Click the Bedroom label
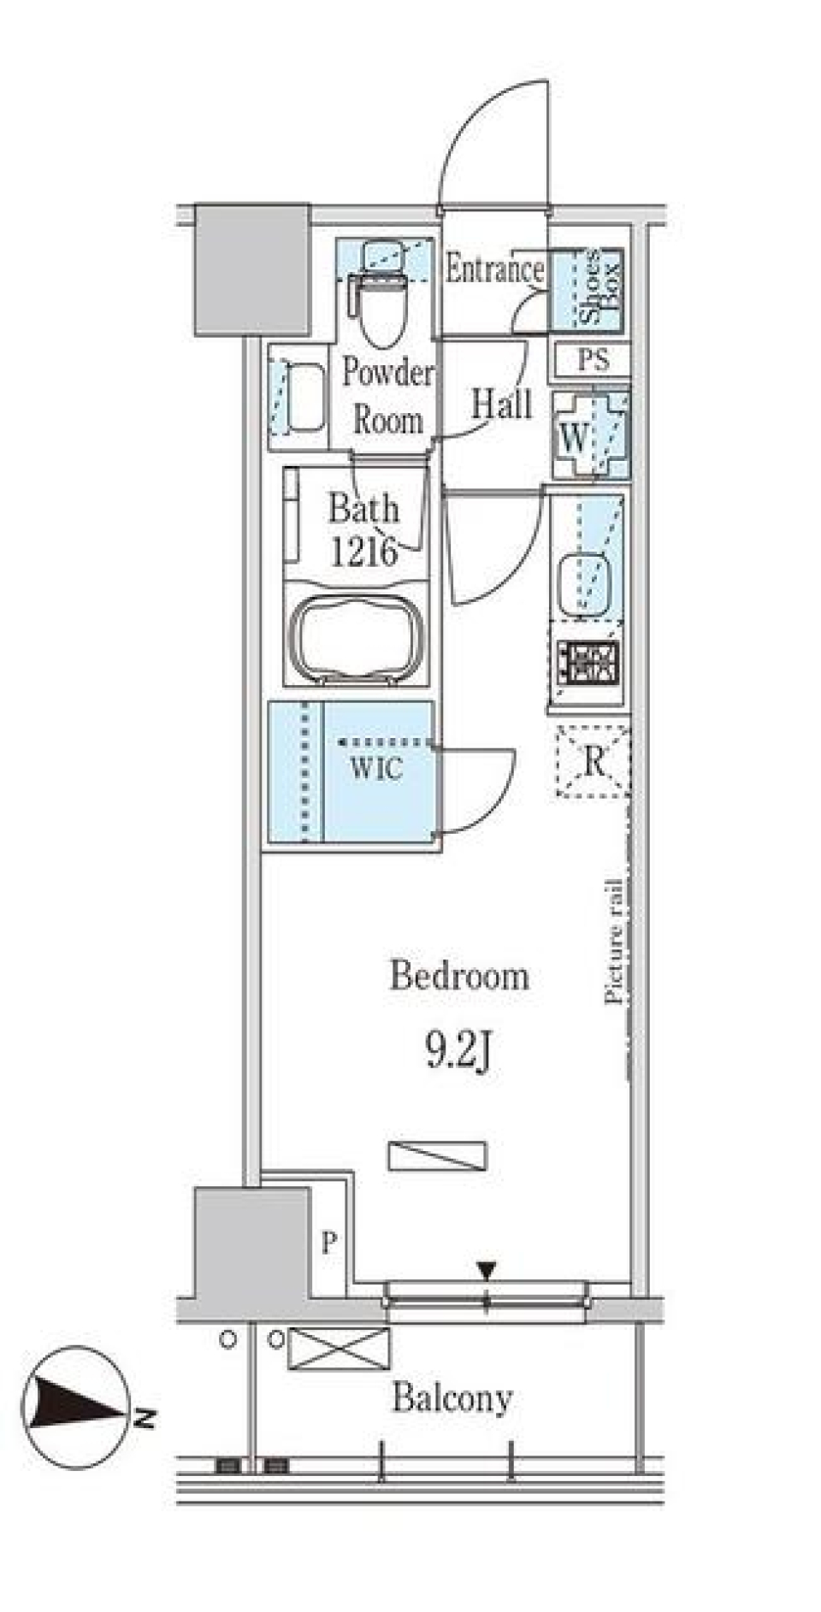click(x=459, y=977)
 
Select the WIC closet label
click(x=375, y=768)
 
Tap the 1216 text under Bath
click(x=364, y=553)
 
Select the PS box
click(x=593, y=360)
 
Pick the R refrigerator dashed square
click(x=593, y=761)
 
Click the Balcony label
click(x=452, y=1399)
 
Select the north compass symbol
click(x=77, y=1408)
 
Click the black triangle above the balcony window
click(x=486, y=1272)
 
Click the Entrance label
click(x=494, y=270)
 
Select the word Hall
click(x=501, y=404)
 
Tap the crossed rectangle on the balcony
click(x=339, y=1349)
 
